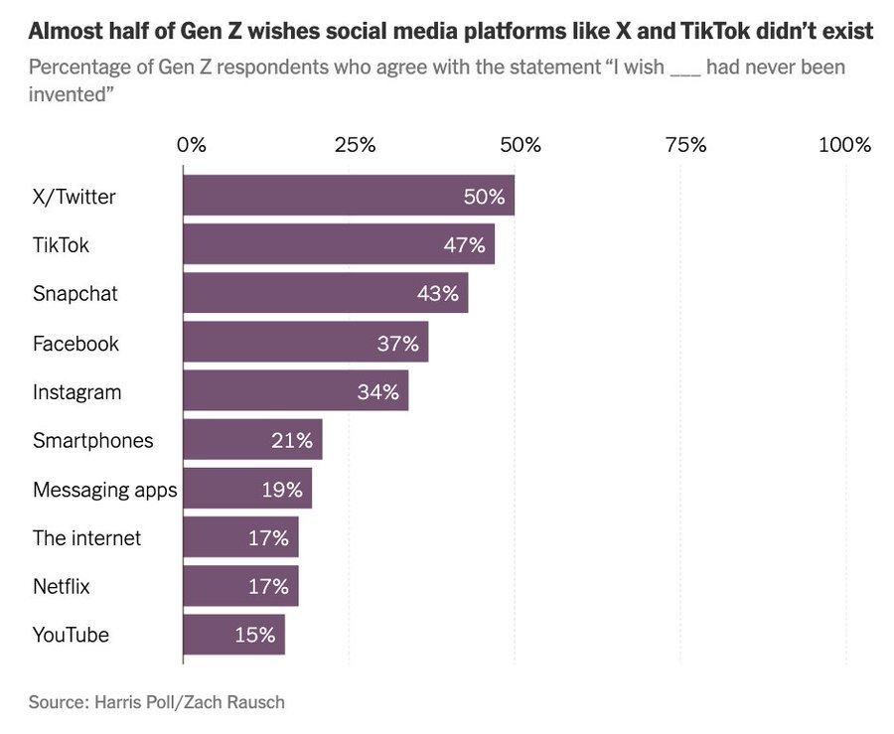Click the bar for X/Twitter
tap(348, 196)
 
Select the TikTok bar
tap(338, 244)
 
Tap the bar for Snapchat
tap(325, 293)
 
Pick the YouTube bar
tap(233, 635)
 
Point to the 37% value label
tap(398, 343)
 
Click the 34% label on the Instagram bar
tap(377, 391)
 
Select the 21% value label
tap(292, 440)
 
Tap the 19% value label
tap(281, 489)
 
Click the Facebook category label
tap(75, 344)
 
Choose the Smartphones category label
tap(93, 440)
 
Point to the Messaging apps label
tap(104, 490)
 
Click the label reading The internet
tap(86, 538)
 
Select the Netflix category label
tap(61, 587)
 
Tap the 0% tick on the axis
tap(192, 145)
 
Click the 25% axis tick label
tap(355, 145)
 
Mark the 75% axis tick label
tap(685, 145)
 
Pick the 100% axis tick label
tap(844, 145)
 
